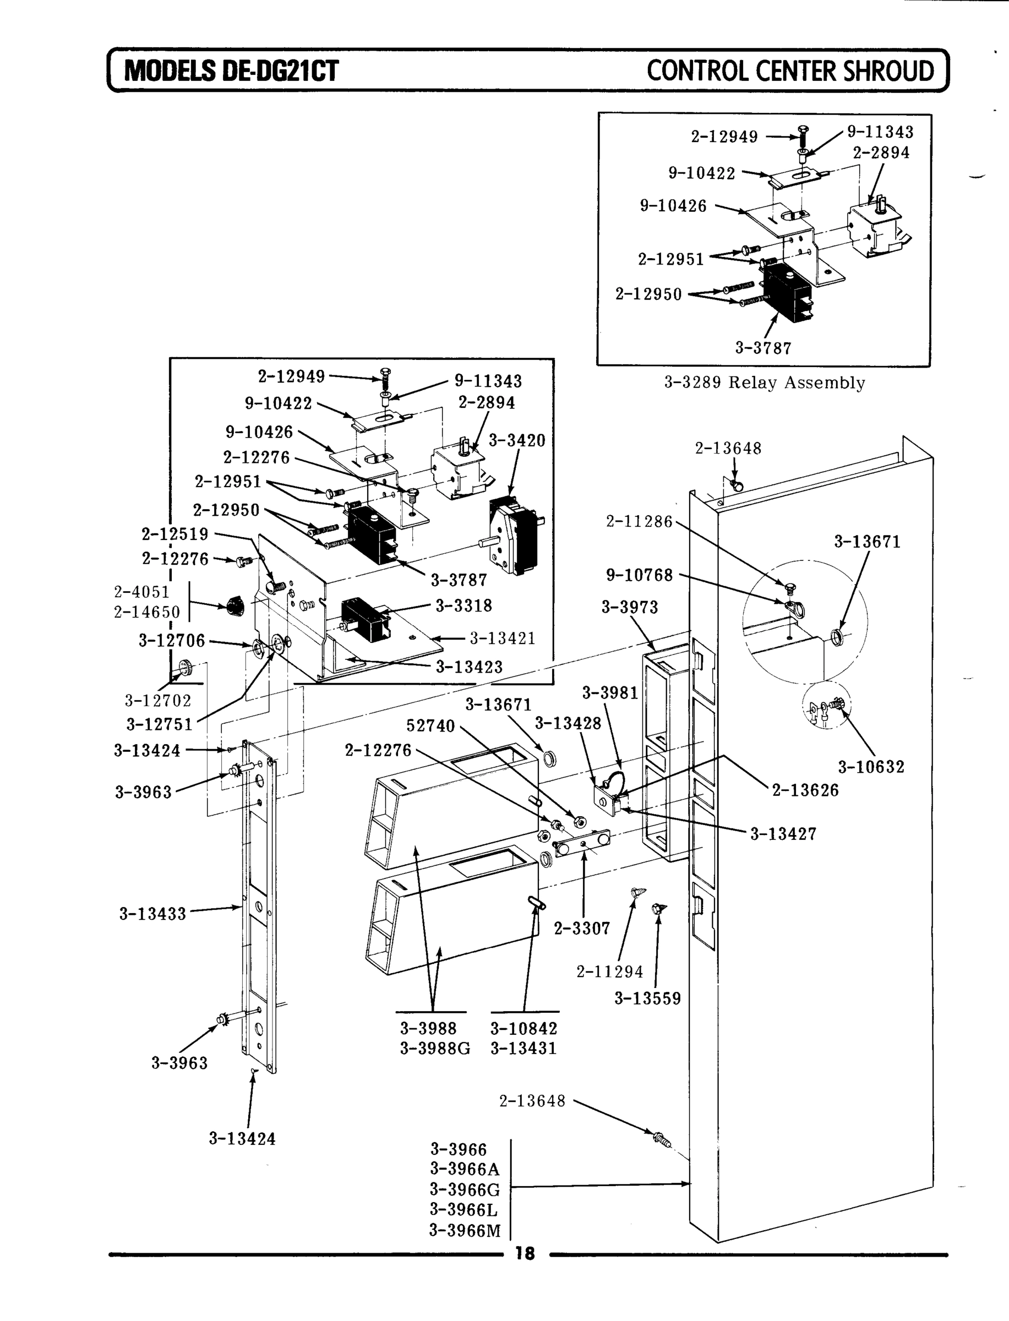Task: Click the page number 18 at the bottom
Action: [525, 1253]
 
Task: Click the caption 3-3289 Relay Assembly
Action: [764, 383]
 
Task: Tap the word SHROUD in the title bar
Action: [888, 71]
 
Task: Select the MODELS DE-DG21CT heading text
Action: [231, 71]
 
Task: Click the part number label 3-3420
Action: [516, 440]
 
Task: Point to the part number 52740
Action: [430, 726]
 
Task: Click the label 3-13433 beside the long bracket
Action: [152, 914]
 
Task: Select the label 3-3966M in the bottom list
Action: [464, 1230]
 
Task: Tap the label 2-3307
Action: [581, 929]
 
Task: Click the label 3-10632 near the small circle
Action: [871, 767]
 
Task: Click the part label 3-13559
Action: [647, 998]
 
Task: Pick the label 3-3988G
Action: [435, 1049]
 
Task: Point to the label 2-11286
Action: [639, 521]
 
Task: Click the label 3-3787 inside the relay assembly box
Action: [763, 348]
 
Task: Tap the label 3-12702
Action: [157, 700]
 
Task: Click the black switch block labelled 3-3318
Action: [363, 619]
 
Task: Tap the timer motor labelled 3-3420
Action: [514, 534]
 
